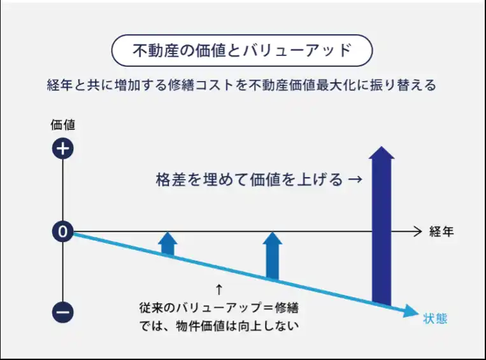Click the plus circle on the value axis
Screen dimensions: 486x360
coord(63,148)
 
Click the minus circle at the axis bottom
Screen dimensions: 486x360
coord(63,312)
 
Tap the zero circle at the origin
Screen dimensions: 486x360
coord(62,231)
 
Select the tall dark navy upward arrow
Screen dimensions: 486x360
coord(382,226)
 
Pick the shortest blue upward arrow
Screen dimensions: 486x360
coord(168,244)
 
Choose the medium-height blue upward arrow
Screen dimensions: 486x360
coord(273,256)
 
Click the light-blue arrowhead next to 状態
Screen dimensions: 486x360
coord(411,310)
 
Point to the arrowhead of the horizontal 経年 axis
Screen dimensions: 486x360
coord(418,231)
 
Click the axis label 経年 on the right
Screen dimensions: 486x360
coord(441,232)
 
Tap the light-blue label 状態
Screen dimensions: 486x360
coord(435,319)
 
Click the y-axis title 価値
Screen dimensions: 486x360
coord(63,125)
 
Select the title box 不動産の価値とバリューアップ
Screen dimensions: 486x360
coord(242,50)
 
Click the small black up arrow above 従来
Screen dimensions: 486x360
coord(219,290)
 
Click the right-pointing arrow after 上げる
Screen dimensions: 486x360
coord(355,179)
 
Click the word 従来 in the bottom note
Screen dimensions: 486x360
coord(151,308)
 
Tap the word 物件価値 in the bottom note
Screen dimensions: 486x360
coord(200,326)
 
